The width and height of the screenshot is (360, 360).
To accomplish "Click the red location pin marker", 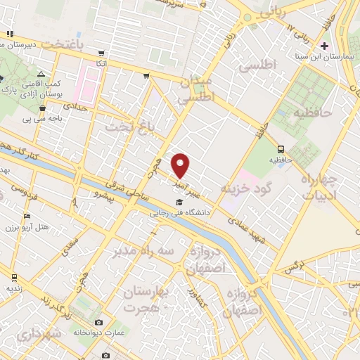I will pyautogui.click(x=181, y=165).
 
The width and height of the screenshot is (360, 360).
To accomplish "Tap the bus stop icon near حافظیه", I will pyautogui.click(x=281, y=149).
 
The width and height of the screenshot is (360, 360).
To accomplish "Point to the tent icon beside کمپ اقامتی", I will pyautogui.click(x=41, y=74).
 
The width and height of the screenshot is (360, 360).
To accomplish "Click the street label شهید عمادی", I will pyautogui.click(x=247, y=229).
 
